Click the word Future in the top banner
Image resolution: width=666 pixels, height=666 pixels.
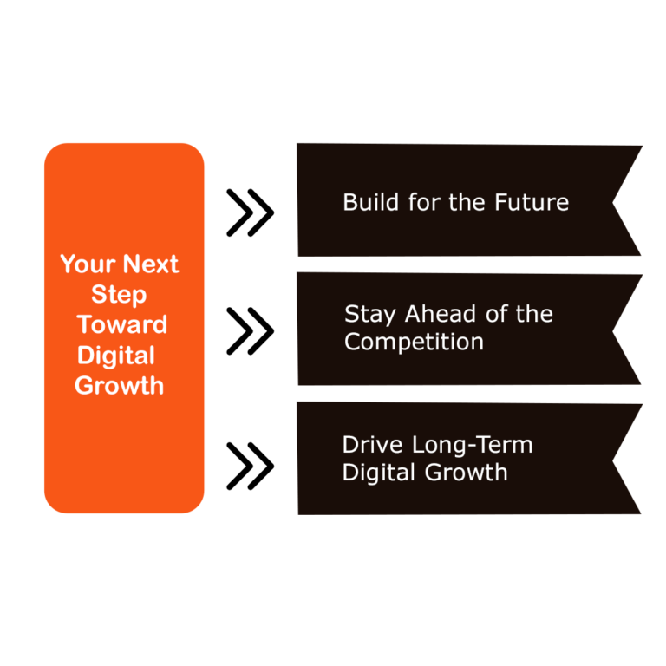point(532,203)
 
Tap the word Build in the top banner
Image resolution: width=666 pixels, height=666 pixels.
point(366,203)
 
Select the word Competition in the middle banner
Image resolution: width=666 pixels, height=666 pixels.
point(414,342)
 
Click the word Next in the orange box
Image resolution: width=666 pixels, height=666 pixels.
point(150,264)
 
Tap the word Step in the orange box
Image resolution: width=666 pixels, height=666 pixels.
point(119,295)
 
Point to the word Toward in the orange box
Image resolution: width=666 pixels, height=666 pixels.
point(121,325)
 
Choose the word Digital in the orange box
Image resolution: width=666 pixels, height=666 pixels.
point(116,356)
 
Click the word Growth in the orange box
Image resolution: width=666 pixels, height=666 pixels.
point(119,386)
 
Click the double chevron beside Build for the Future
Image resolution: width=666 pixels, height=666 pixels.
point(250,212)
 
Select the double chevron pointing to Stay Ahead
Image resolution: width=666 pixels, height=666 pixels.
point(250,330)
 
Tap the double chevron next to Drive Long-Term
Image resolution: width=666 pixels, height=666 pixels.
point(250,466)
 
